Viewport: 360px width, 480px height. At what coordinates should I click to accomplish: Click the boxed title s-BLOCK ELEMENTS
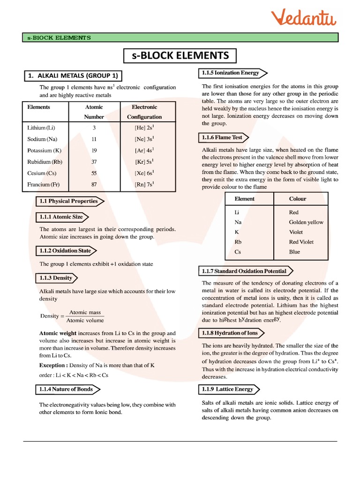[x=180, y=56]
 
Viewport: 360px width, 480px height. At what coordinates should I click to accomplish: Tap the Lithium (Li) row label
[x=43, y=127]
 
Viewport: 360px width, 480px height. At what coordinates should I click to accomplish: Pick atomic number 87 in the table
[x=94, y=184]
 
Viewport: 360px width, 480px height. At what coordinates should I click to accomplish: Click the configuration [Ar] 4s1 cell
[x=144, y=150]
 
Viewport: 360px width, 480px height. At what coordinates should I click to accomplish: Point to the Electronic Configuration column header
[x=144, y=112]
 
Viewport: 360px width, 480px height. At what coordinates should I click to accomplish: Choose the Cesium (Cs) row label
[x=42, y=173]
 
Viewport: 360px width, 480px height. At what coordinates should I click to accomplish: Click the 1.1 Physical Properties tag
[x=69, y=201]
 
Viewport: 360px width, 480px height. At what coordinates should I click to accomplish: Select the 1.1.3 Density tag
[x=56, y=278]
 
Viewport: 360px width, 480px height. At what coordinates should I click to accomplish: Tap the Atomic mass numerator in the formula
[x=85, y=312]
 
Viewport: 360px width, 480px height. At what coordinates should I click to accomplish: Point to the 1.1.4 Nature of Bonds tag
[x=67, y=389]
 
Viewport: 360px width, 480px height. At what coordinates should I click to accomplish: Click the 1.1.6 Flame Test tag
[x=223, y=137]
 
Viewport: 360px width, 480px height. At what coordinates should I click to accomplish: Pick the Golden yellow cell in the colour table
[x=306, y=222]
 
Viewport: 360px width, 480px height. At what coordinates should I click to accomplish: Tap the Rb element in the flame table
[x=238, y=242]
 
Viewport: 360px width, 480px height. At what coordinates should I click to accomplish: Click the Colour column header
[x=298, y=199]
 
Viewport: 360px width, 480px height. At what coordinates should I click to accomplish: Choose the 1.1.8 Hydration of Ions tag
[x=230, y=333]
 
